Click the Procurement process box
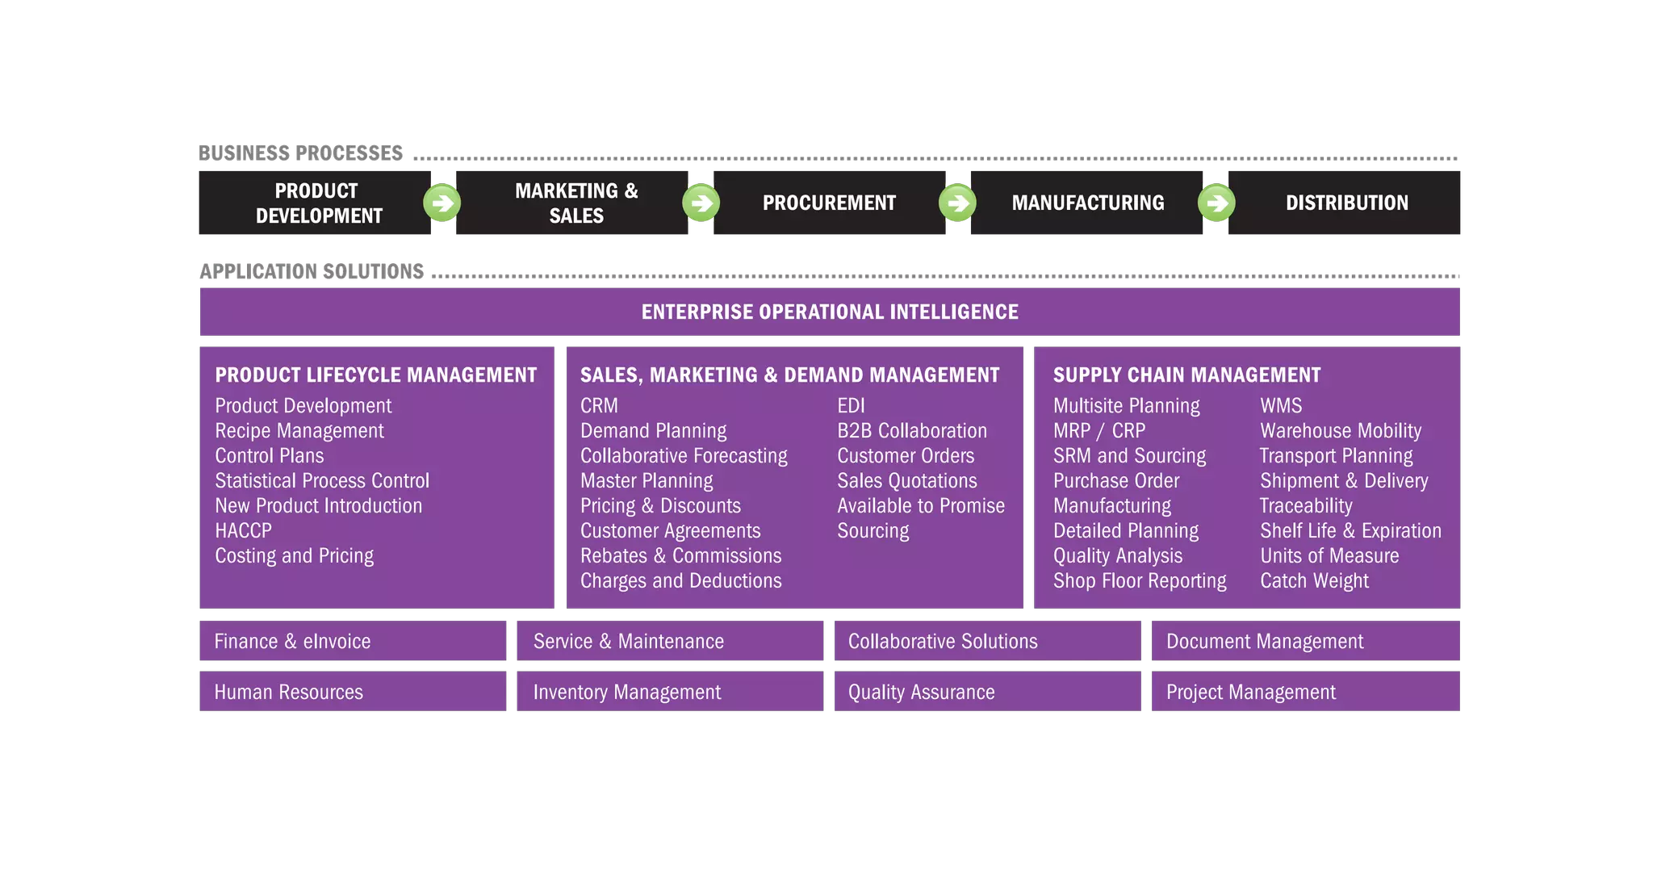tap(829, 203)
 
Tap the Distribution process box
tap(1345, 203)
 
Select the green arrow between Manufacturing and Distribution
tap(1216, 203)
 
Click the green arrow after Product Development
tap(442, 203)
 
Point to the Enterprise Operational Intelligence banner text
tap(830, 312)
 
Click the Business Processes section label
tap(300, 153)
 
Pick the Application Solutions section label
tap(312, 271)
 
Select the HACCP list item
tap(243, 530)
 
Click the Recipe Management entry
tap(299, 430)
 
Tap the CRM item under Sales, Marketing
tap(599, 405)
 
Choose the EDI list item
tap(851, 405)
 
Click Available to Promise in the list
tap(921, 505)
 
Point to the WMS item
tap(1281, 405)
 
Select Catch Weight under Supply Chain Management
tap(1314, 580)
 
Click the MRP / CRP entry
tap(1099, 430)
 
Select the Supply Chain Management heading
tap(1186, 375)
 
